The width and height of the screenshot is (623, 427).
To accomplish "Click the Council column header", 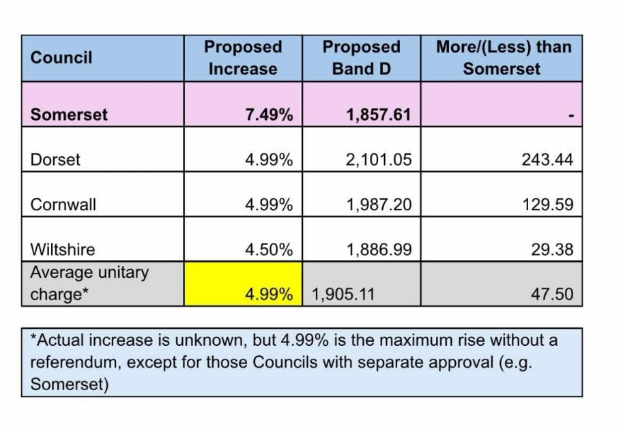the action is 61,57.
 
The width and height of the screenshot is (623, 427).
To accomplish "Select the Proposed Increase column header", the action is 243,58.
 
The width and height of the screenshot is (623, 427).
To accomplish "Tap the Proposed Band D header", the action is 362,58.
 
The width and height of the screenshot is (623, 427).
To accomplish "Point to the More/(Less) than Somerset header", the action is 504,58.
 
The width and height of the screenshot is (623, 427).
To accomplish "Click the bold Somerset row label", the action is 69,115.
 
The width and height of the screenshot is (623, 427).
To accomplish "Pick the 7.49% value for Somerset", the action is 269,115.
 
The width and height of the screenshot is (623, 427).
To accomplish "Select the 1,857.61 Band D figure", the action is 379,115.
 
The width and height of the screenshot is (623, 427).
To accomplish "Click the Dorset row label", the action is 55,160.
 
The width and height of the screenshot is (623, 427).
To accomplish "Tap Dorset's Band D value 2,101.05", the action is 379,160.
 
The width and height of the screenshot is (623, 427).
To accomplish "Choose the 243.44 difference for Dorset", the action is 547,160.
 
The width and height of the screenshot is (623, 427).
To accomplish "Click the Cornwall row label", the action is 63,205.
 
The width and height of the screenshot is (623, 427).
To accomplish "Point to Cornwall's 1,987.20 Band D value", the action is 379,205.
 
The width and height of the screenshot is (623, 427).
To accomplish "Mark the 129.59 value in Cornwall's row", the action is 548,205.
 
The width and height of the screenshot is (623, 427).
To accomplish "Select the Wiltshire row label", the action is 63,250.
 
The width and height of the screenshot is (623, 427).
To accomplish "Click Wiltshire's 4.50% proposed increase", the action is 269,250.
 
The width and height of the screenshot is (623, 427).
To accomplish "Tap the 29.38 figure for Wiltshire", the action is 552,250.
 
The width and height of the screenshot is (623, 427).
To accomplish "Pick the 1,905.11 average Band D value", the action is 343,295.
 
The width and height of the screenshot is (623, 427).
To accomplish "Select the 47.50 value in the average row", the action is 552,295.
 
